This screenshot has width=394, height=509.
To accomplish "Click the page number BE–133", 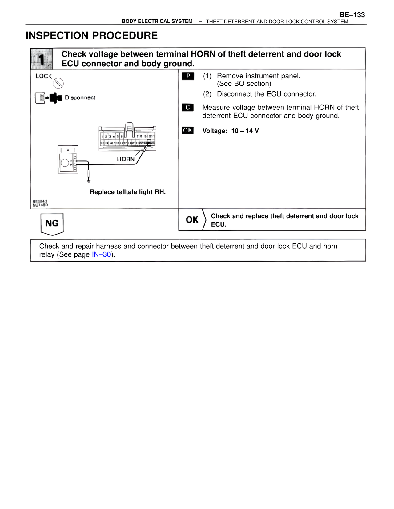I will click(x=352, y=15).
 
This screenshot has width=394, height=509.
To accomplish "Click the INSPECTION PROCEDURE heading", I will click(x=91, y=36).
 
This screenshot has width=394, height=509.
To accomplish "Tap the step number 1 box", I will click(x=42, y=59).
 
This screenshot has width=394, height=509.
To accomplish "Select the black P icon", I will click(x=188, y=76).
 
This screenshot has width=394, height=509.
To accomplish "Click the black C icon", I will click(x=188, y=108).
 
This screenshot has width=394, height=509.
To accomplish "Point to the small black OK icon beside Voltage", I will click(x=188, y=131).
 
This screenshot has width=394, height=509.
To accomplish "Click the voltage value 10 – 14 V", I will click(x=245, y=131).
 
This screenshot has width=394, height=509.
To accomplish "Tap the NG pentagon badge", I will click(x=52, y=223).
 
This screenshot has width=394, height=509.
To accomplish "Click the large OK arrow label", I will click(x=192, y=220).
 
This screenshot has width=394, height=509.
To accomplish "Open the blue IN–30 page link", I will click(x=101, y=255).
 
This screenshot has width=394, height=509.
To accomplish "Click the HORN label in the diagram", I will click(x=126, y=159).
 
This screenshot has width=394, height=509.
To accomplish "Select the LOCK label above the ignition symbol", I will click(x=44, y=76).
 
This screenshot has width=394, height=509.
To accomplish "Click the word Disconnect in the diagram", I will click(x=80, y=98).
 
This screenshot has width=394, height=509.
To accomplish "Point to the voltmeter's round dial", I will click(x=65, y=163).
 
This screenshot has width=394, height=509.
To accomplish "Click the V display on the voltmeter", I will click(x=68, y=150).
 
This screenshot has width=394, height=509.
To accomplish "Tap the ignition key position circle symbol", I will click(x=58, y=83).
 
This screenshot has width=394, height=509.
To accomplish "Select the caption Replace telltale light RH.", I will click(x=128, y=192).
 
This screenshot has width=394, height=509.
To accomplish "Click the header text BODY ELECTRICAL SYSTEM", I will click(x=157, y=21).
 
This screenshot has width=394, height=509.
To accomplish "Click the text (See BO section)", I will click(x=244, y=84).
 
